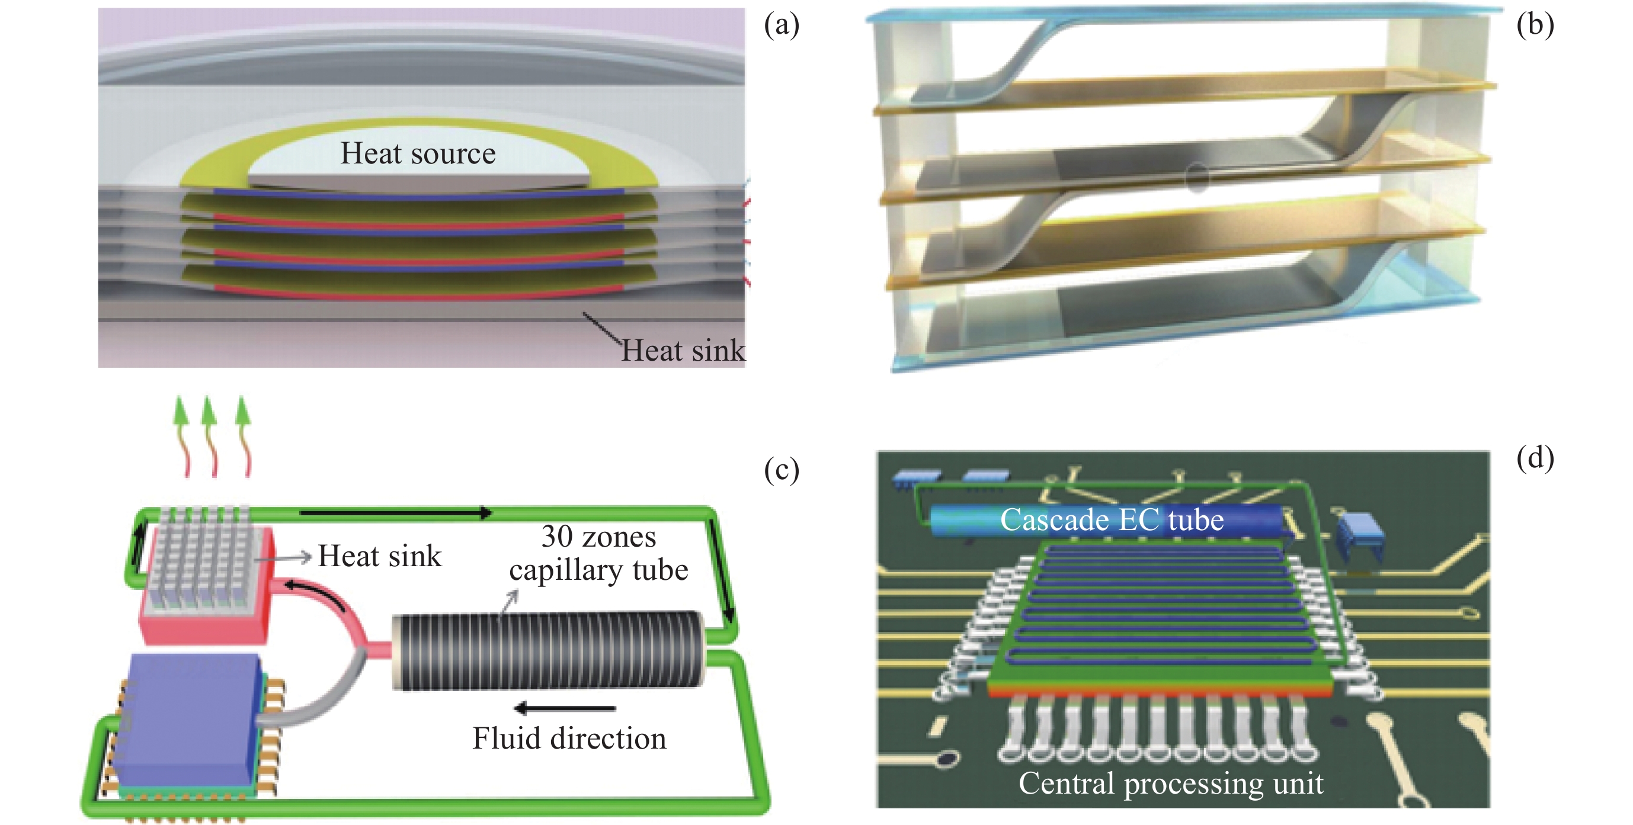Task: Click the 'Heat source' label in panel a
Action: coord(418,154)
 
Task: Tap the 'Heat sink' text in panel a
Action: coord(682,351)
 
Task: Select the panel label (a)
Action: coord(781,25)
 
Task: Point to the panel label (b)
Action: coord(1535,25)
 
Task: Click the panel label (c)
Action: coord(781,470)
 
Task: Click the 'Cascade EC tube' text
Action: coord(1111,520)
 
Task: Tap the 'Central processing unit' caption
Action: coord(1170,783)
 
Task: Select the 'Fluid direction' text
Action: coord(569,739)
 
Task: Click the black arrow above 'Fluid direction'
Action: coord(563,708)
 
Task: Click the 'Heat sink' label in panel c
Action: coord(379,556)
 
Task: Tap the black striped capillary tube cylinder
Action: coord(547,650)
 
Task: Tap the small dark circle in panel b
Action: coord(1196,179)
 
